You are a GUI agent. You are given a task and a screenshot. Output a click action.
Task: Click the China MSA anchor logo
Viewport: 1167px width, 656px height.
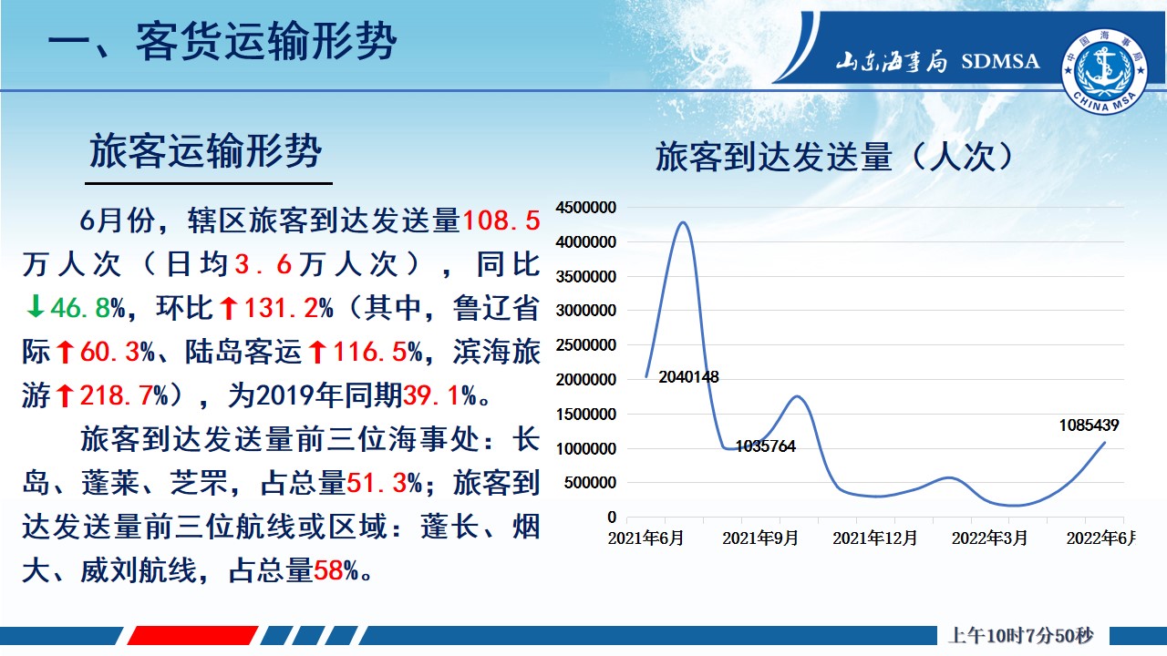pyautogui.click(x=1104, y=71)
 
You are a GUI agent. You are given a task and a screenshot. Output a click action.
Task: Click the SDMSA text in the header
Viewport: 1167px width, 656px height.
pyautogui.click(x=1000, y=61)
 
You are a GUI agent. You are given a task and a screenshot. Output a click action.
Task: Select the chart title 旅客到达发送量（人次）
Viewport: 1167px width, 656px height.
pyautogui.click(x=834, y=156)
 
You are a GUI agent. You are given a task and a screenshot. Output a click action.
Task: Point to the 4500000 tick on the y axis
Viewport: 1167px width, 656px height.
pyautogui.click(x=586, y=207)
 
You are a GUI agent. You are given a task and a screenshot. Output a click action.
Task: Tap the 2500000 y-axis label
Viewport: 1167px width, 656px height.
pyautogui.click(x=586, y=344)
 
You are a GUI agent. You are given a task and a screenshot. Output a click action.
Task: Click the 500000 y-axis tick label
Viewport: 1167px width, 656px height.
pyautogui.click(x=590, y=483)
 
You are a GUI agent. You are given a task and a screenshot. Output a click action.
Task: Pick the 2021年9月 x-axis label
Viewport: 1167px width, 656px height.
pyautogui.click(x=760, y=538)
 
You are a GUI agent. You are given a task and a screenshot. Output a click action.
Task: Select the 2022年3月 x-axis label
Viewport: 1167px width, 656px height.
pyautogui.click(x=989, y=538)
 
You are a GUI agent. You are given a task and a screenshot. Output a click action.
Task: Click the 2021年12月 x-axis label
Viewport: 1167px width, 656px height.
pyautogui.click(x=874, y=538)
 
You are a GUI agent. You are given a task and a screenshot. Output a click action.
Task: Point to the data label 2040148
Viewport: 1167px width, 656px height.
pyautogui.click(x=688, y=376)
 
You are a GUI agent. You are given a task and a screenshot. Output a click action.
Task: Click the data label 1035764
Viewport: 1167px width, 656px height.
pyautogui.click(x=765, y=446)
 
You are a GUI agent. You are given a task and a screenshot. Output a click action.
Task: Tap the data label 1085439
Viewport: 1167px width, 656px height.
pyautogui.click(x=1089, y=425)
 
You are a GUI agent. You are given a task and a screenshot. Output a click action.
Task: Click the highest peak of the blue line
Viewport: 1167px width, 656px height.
pyautogui.click(x=684, y=223)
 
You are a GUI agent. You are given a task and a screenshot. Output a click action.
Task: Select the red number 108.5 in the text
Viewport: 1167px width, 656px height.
pyautogui.click(x=501, y=220)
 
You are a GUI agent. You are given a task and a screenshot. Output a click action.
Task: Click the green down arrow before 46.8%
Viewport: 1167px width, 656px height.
pyautogui.click(x=35, y=306)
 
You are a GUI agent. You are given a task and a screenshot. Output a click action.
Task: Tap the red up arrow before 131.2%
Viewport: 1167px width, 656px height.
pyautogui.click(x=228, y=308)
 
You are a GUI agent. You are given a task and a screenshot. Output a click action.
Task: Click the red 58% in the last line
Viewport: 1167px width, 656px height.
pyautogui.click(x=336, y=570)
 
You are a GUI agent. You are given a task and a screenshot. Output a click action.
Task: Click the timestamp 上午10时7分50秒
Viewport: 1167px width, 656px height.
pyautogui.click(x=1021, y=636)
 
